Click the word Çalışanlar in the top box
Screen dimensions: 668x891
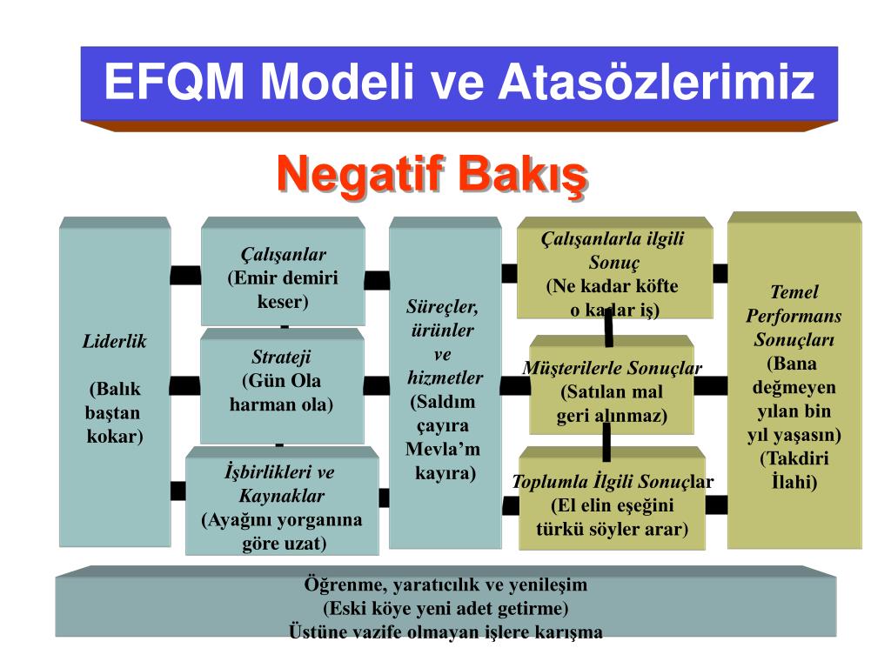pos(283,255)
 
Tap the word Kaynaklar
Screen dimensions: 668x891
pos(282,497)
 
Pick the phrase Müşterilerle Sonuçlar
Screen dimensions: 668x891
pos(612,368)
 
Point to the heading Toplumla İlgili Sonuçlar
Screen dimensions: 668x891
pos(612,483)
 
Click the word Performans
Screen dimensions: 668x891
pos(794,316)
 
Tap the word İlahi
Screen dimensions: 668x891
pos(794,481)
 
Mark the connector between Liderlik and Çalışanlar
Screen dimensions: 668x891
pos(185,276)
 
